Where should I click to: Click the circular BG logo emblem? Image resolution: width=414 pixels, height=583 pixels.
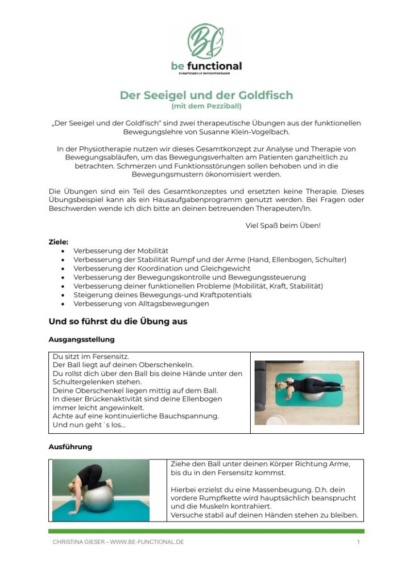(x=206, y=42)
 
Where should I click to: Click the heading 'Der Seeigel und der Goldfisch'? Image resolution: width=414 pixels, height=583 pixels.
(x=206, y=95)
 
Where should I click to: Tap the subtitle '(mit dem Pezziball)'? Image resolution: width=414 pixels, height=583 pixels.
(x=206, y=106)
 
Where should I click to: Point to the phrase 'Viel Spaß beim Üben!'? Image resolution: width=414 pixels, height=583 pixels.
(x=283, y=225)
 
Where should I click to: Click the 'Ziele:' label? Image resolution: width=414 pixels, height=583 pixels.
(x=59, y=242)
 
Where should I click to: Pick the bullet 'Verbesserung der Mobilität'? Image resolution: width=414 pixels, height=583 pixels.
(x=121, y=251)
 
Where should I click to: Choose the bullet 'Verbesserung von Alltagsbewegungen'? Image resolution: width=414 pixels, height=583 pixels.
(x=141, y=303)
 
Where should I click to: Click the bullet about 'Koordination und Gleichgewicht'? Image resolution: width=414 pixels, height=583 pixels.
(x=162, y=268)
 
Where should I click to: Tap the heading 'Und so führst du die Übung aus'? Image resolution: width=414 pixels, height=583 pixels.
(x=118, y=322)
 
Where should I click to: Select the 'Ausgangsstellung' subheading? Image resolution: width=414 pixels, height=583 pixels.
(x=81, y=339)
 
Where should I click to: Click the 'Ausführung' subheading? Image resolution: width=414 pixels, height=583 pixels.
(x=70, y=447)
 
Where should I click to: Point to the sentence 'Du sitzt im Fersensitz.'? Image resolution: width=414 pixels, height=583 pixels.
(x=91, y=356)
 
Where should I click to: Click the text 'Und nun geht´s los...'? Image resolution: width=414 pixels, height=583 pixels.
(x=89, y=425)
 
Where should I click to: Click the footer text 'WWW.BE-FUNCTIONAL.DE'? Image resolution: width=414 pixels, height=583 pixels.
(x=147, y=542)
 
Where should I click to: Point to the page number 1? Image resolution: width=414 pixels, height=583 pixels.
(x=358, y=542)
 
